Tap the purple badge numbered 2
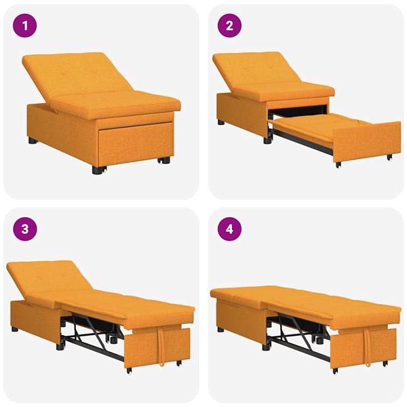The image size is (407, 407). coord(229,27)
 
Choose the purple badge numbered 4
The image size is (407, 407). coord(229,229)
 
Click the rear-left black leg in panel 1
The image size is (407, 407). coord(33,141)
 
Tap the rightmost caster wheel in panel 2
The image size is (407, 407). coord(389,157)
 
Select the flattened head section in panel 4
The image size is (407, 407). coord(237,294)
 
